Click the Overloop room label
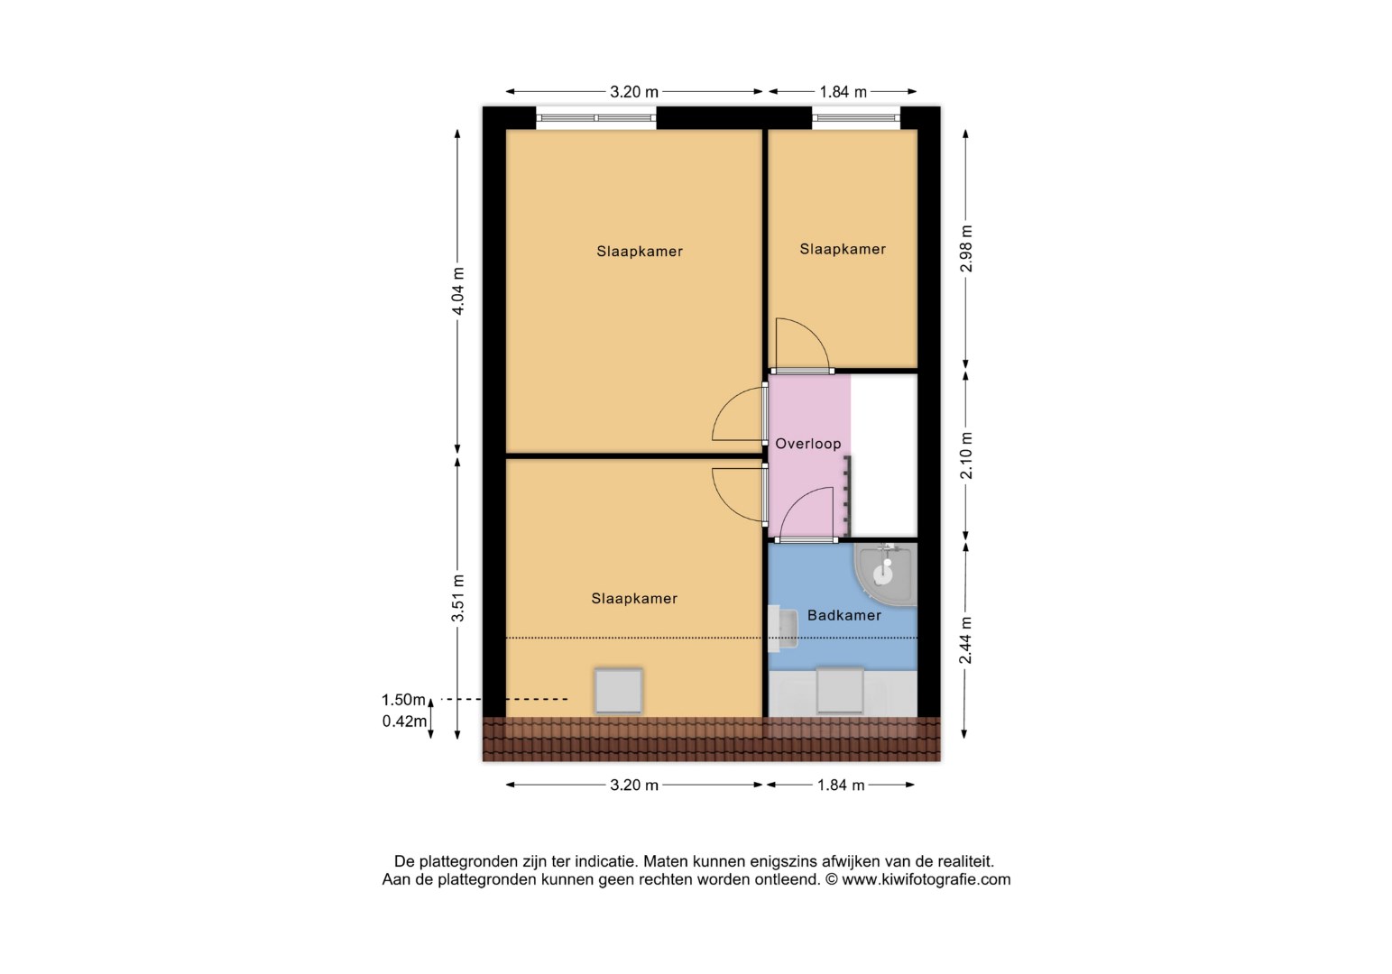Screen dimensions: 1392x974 [x=807, y=444]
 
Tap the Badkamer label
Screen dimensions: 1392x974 [x=843, y=615]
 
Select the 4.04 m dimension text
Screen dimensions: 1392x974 [x=458, y=291]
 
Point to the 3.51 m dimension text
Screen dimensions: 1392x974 [x=458, y=598]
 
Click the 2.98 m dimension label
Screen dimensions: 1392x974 [x=966, y=249]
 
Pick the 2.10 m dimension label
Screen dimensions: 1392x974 [x=966, y=455]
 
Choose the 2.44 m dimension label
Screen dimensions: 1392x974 [x=965, y=640]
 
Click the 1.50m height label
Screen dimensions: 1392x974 [x=403, y=700]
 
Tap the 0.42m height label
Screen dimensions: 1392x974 [x=404, y=721]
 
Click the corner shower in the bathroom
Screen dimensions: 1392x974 [x=886, y=574]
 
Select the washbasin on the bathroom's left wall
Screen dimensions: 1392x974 [x=783, y=629]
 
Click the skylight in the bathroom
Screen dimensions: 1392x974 [x=840, y=691]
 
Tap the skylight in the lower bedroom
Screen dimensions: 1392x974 [x=618, y=691]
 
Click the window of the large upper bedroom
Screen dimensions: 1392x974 [x=596, y=118]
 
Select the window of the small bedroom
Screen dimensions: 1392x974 [x=856, y=118]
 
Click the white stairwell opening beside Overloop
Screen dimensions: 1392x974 [x=883, y=455]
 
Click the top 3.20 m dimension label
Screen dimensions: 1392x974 [x=634, y=92]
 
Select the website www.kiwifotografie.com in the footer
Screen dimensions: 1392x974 [x=926, y=879]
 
